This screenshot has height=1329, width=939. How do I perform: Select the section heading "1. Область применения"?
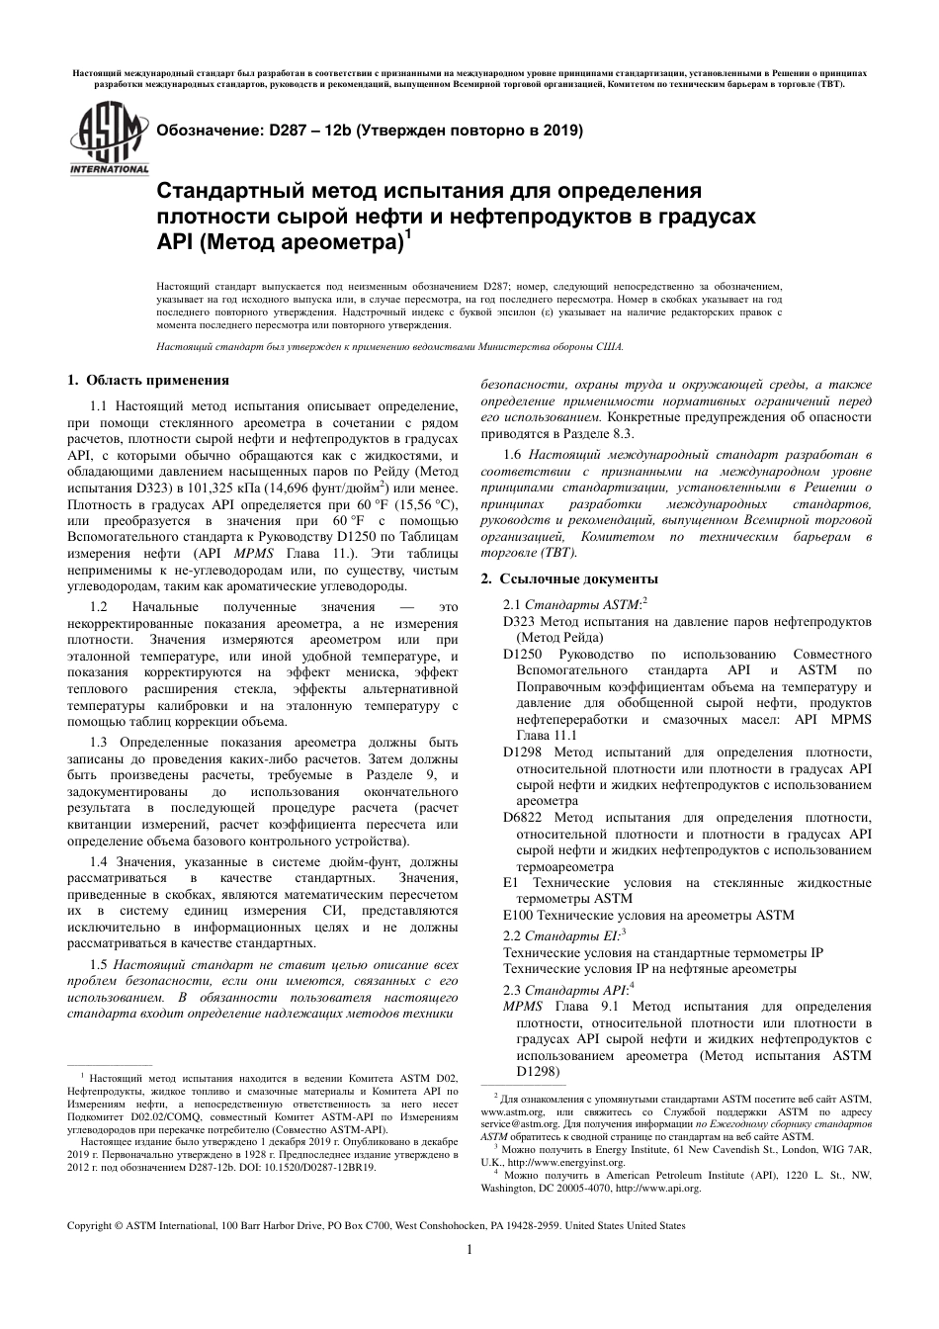coord(147,380)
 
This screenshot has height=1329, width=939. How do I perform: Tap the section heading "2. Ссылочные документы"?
coord(568,578)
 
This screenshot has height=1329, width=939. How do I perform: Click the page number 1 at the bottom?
coord(469,1249)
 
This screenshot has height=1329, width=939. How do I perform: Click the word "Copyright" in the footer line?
coord(90,1225)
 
